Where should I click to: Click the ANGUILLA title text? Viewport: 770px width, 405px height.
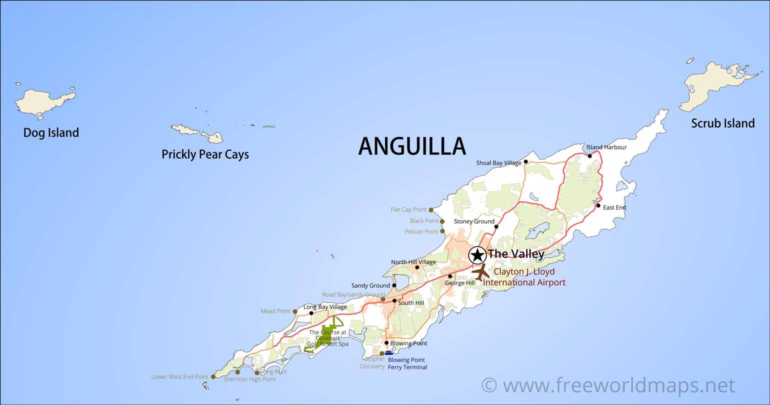[412, 146]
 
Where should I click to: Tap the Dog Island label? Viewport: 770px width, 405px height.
[51, 132]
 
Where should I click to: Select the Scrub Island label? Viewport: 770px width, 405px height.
[722, 123]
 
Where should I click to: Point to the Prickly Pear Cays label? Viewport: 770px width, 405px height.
[205, 154]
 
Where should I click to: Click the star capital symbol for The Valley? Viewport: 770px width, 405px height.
[477, 255]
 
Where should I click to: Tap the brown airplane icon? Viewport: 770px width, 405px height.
[481, 272]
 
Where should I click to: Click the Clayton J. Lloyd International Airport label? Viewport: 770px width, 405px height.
[524, 277]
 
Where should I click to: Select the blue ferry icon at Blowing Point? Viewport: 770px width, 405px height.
[389, 352]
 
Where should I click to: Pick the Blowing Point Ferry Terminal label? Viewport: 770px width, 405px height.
[407, 363]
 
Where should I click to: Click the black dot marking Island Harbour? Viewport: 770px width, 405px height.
[590, 156]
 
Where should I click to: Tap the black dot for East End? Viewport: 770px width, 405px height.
[598, 205]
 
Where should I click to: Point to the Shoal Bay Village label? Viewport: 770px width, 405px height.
[498, 163]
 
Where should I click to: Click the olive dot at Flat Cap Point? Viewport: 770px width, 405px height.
[431, 210]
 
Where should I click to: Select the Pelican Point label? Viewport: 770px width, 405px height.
[421, 231]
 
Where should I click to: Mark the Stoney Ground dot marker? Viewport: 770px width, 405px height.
[496, 226]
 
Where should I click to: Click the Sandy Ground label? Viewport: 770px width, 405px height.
[370, 286]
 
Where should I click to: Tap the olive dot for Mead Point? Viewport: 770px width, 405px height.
[295, 311]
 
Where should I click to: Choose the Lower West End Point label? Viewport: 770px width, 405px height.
[179, 377]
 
